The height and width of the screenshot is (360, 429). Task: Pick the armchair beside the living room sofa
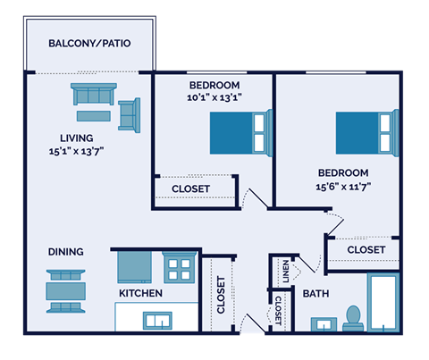130,113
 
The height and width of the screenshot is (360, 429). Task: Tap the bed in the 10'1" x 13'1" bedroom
240,132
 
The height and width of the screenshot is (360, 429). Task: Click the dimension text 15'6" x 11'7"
344,187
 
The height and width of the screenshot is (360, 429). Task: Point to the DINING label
66,252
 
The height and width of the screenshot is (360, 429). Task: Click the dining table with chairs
67,290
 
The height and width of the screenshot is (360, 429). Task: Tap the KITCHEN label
140,293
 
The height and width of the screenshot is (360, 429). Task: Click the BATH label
316,293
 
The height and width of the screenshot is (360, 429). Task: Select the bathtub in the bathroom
384,304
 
